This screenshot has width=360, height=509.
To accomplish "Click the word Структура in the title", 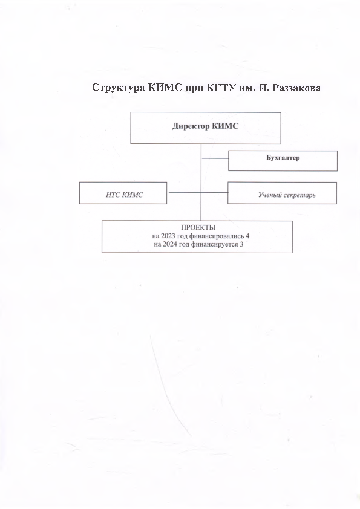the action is pos(119,88).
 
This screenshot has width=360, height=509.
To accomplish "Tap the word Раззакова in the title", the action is pos(296,88).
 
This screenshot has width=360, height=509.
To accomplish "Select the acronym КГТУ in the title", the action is pos(221,88).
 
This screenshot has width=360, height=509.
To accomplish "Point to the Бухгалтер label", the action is pos(283,158).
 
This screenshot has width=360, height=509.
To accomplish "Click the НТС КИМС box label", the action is pos(125,195).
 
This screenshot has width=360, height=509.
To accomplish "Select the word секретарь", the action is pos(299,195).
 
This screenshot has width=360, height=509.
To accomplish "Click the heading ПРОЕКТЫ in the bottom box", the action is pos(198,227).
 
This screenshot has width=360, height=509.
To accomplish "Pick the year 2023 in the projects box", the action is pos(173,236).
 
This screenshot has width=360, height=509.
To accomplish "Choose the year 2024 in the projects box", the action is pos(175,244).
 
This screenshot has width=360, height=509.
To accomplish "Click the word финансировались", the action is pos(217,236).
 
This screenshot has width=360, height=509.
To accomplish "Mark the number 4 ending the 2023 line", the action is pos(247,236).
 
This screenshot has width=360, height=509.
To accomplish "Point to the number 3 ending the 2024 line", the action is pos(241,244).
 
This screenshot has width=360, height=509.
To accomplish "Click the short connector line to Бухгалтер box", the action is pos(215,158).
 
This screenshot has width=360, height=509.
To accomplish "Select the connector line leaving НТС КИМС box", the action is pos(184,192).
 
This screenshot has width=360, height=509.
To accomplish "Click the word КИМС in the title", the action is pos(165,88).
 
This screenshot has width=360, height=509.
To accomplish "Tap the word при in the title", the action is pos(194,89).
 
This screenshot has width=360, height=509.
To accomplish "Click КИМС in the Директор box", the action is pos(225,126).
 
